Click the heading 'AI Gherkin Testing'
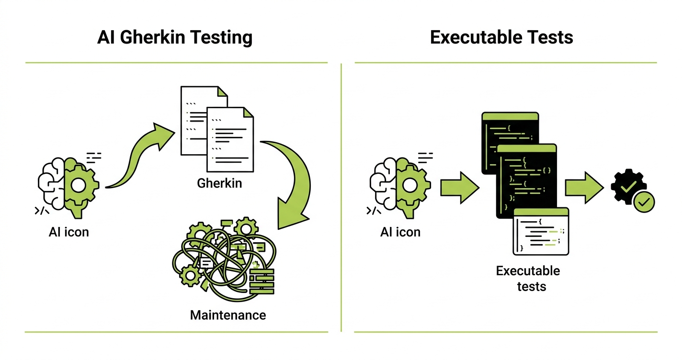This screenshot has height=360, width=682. (x=175, y=37)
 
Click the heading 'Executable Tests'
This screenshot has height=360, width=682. (x=501, y=37)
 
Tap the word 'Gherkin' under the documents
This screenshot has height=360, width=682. (x=219, y=183)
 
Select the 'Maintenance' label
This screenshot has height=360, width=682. (x=228, y=315)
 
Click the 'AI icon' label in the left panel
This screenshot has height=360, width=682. (x=69, y=232)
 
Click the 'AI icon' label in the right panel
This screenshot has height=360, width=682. (x=400, y=232)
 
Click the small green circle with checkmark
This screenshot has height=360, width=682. (x=644, y=202)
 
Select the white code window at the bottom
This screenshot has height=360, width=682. (x=541, y=232)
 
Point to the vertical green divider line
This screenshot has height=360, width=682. (x=341, y=196)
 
